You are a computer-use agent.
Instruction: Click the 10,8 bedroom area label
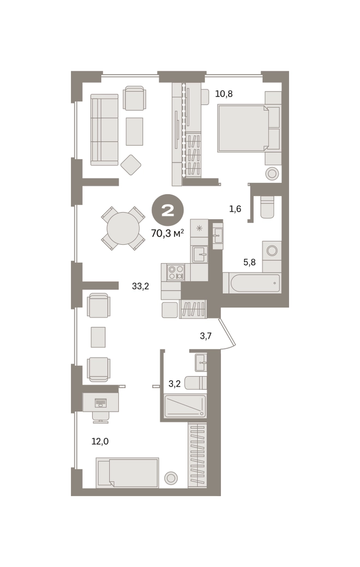tap(224, 94)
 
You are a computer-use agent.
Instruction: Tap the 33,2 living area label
tap(140, 287)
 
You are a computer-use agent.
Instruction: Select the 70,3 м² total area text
tap(167, 233)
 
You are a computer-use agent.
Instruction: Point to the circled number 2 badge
tap(168, 211)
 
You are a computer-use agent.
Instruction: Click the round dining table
tap(123, 228)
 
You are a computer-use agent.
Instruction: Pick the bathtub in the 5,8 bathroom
tap(252, 282)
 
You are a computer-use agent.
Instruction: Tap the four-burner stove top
tap(176, 272)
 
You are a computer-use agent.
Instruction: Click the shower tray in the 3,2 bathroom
tap(185, 406)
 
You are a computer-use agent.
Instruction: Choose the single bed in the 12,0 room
tap(127, 473)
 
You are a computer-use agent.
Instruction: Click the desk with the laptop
tap(100, 402)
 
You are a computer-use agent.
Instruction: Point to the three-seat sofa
tap(104, 130)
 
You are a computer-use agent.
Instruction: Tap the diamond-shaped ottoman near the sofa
tap(130, 165)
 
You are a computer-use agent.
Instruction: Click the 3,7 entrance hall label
tap(206, 336)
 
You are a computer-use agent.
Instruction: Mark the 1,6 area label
tap(235, 209)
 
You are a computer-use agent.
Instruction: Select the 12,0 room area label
tap(100, 442)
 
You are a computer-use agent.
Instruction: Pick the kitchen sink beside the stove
tap(199, 254)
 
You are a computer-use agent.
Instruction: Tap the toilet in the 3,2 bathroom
tap(195, 383)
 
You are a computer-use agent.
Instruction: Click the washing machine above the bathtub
tap(272, 250)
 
